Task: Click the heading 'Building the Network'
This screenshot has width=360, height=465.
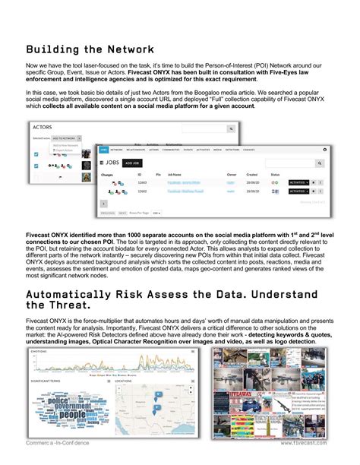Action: click(90, 49)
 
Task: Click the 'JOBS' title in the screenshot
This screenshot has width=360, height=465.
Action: click(113, 163)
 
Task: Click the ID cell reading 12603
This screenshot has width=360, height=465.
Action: click(141, 182)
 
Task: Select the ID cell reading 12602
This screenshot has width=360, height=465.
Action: click(141, 191)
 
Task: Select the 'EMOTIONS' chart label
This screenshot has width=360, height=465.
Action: click(39, 352)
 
